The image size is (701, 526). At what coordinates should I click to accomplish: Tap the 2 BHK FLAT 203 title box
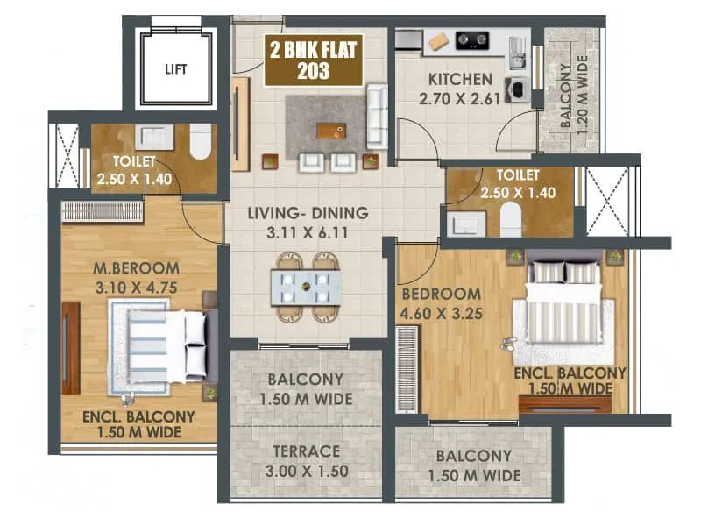pos(313,60)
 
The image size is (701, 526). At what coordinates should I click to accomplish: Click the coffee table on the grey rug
pos(330,131)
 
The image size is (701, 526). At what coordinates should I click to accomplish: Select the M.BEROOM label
pos(138,268)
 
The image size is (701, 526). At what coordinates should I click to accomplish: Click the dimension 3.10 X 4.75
pos(138,286)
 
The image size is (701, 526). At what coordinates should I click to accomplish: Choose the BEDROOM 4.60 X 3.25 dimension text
pos(441,311)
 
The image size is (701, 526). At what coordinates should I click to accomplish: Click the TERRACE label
pos(306,451)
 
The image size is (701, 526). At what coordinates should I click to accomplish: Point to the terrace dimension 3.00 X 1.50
pos(306,471)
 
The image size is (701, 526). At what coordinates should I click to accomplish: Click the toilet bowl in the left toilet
pos(201,140)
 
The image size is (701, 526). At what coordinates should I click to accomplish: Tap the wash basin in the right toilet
pos(464,223)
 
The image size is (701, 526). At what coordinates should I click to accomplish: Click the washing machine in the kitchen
pos(515,89)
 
